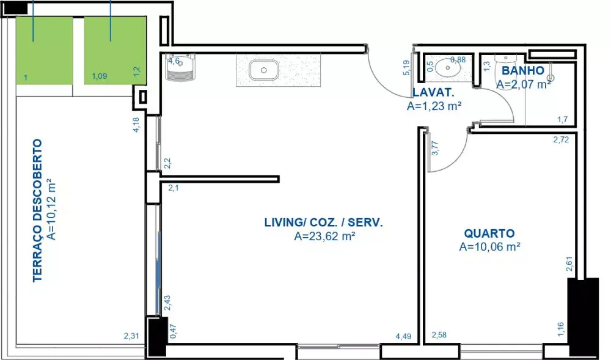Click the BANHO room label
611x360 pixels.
tap(522, 70)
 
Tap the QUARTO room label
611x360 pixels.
tap(489, 233)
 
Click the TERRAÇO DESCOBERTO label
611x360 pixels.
tap(37, 210)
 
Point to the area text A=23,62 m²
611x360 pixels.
tap(324, 236)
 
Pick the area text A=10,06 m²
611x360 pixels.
tap(490, 247)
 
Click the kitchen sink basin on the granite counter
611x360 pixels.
tap(263, 70)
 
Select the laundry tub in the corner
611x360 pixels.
tap(180, 67)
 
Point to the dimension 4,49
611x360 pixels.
tap(403, 336)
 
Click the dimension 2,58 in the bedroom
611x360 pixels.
tap(439, 335)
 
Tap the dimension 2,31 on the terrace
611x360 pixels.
tap(131, 336)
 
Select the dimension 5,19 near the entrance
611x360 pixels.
tap(406, 67)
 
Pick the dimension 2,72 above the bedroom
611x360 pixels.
tap(561, 139)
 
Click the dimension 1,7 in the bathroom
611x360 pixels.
tap(563, 120)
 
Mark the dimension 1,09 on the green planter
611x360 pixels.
tap(100, 76)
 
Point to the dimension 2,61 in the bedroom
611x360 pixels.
tap(569, 264)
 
